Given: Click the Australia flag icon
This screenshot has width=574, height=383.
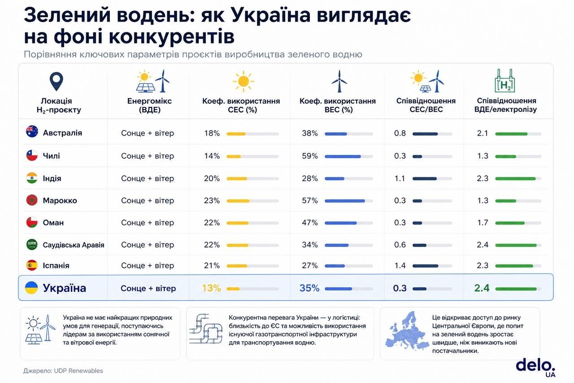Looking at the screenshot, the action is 32,132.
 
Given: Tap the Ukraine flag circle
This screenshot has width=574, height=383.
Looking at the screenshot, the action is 31,287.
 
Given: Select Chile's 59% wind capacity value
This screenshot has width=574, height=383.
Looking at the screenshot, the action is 309,156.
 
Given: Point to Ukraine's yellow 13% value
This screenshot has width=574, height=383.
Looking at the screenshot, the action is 211,288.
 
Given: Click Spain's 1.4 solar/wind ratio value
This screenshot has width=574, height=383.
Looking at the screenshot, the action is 400,265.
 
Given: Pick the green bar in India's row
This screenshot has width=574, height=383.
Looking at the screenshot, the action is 515,179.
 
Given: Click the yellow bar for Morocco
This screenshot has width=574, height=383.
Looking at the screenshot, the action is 238,201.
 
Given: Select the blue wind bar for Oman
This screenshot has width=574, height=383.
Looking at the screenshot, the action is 340,223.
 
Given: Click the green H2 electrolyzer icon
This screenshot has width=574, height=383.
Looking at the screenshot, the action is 505,80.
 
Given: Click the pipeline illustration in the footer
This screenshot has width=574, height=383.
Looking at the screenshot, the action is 206,329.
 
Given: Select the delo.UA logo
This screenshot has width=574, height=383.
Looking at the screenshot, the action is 535,368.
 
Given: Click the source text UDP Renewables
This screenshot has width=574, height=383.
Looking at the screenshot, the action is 78,371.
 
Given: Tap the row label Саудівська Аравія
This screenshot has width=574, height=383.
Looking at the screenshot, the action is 73,245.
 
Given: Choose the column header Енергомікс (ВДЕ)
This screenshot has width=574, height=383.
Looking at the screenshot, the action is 149,105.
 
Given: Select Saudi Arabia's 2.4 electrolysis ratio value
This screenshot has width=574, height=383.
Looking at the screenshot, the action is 482,245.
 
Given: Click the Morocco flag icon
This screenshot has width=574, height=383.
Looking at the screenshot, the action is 32,200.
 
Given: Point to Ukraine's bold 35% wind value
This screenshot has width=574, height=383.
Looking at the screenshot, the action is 309,288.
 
